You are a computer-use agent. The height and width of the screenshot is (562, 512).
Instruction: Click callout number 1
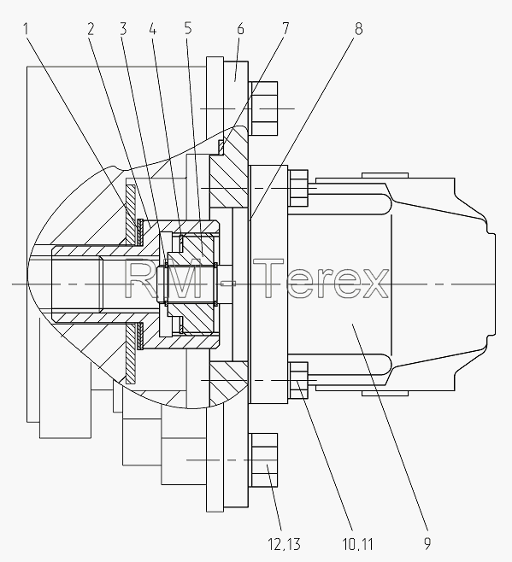coord(26,29)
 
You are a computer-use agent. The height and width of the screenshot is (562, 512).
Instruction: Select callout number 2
coord(91,29)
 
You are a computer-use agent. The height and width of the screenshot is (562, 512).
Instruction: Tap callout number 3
coord(123,29)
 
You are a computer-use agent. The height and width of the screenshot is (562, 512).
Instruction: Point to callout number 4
coord(153,29)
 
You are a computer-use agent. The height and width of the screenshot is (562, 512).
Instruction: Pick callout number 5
coord(188,29)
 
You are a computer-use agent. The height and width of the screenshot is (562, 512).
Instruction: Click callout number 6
coord(240,29)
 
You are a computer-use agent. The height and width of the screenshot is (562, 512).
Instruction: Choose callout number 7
coord(285,29)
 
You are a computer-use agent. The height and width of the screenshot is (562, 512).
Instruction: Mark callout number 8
coord(359,29)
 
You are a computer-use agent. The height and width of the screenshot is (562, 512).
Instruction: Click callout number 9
coord(427,544)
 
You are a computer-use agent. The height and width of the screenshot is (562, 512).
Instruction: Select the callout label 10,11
coord(358,544)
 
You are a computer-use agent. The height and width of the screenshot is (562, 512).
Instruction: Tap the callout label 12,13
coord(284,544)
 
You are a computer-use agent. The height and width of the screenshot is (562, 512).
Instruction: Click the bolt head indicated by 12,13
coord(264,460)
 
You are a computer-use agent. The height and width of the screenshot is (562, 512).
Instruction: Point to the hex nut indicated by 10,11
coord(298,380)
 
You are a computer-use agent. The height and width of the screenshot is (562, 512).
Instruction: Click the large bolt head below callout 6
coord(264,108)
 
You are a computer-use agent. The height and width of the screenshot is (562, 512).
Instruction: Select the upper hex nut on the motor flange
coord(298,188)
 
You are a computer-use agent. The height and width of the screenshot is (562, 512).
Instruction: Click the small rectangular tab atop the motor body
coord(385,175)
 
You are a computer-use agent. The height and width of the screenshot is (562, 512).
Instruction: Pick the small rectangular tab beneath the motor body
coord(385,393)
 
